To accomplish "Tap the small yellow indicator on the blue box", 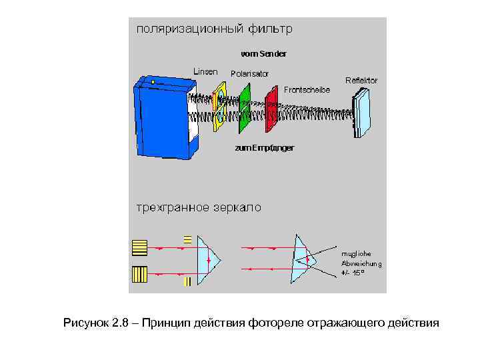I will tap(153, 81).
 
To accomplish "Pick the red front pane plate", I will tap(271, 109).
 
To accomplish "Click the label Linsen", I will tap(205, 71).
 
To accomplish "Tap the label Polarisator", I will tap(249, 73).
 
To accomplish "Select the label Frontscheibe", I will tap(307, 89).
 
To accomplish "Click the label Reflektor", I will tap(361, 80).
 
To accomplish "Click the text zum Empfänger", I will tap(264, 147).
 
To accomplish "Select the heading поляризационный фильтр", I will tap(214, 29).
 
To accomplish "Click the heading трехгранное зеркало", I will tap(199, 207).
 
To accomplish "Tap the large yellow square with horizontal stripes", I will tap(140, 247).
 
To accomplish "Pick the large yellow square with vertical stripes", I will tap(140, 274).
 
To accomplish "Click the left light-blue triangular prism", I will tap(207, 259).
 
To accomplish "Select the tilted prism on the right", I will tap(304, 258).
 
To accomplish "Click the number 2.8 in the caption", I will tap(120, 323).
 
